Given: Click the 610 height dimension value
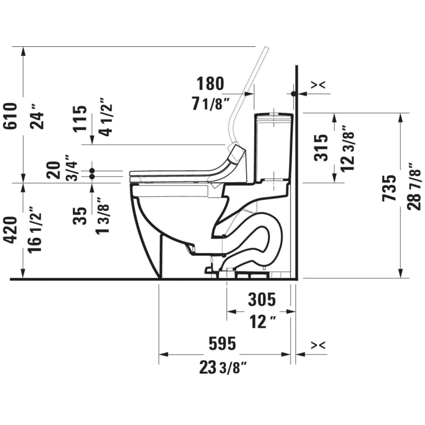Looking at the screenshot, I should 11,116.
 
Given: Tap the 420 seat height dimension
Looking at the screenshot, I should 11,229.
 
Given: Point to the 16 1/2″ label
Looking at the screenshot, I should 35,229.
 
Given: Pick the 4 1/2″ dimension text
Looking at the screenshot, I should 105,117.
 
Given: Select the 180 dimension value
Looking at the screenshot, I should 210,84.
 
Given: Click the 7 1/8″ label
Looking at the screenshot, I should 210,103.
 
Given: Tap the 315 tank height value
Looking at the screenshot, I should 321,147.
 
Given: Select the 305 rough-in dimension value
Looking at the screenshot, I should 262,299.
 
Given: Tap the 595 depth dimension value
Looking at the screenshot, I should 222,344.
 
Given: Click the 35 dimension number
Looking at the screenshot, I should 81,215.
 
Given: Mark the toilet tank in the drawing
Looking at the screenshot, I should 273,146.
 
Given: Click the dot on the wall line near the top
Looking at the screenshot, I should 294,94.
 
